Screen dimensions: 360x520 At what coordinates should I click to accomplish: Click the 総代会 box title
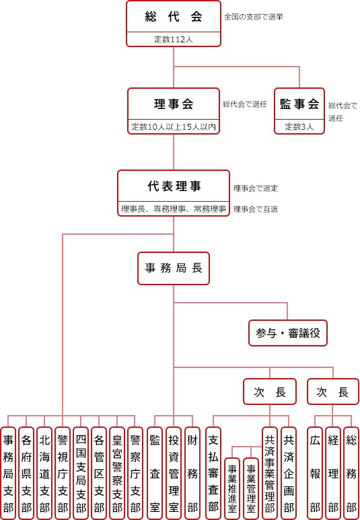[x=174, y=17]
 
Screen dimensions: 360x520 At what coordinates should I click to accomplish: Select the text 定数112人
[x=174, y=40]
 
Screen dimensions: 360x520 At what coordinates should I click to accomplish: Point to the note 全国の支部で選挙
[x=254, y=17]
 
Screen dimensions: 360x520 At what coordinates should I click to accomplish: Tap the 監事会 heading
[x=299, y=104]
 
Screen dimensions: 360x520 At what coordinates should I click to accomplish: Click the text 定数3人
[x=299, y=127]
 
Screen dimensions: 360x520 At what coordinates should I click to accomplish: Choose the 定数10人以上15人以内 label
[x=174, y=127]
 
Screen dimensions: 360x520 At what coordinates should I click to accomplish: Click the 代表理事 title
[x=174, y=186]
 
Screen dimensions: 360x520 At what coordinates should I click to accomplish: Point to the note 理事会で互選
[x=256, y=209]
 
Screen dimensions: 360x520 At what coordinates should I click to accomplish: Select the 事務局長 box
[x=174, y=268]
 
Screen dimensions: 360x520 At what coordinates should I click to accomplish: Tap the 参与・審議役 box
[x=288, y=333]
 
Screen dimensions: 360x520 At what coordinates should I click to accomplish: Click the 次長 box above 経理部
[x=333, y=392]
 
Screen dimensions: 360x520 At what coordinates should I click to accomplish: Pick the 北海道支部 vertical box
[x=44, y=473]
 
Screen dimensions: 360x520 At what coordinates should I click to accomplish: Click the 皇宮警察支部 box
[x=118, y=473]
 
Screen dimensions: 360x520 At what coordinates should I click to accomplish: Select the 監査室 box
[x=154, y=473]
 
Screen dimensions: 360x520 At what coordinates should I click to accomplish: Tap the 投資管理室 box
[x=174, y=473]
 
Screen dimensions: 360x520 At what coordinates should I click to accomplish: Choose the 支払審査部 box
[x=213, y=473]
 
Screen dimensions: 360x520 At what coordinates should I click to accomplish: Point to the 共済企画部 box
[x=289, y=473]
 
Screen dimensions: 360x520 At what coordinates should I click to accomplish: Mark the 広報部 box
[x=315, y=473]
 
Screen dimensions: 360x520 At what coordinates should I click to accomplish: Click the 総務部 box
[x=351, y=473]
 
